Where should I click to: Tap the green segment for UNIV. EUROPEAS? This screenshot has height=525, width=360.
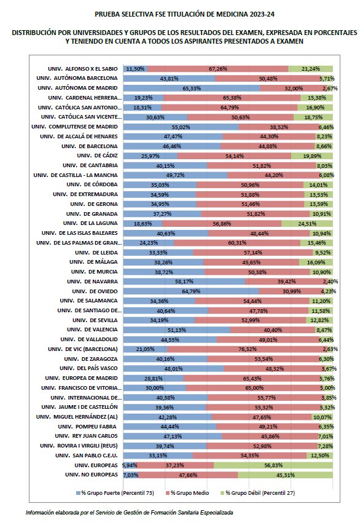(x=273, y=465)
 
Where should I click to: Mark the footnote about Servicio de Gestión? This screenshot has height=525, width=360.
(x=129, y=512)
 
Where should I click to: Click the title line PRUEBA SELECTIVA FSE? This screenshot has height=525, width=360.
(x=179, y=13)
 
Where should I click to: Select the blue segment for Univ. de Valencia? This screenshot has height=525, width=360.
(x=177, y=330)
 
